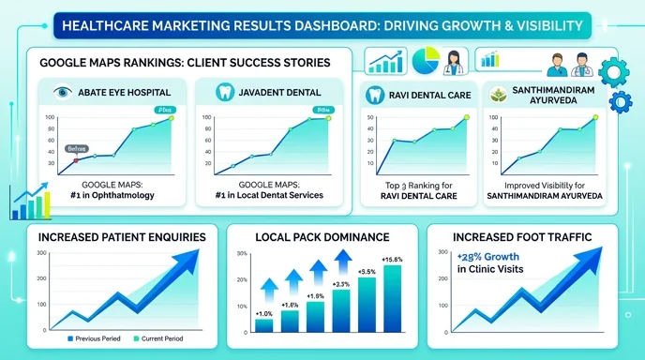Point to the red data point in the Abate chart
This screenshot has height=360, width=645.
pos(76,161)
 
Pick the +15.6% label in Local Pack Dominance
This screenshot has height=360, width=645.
pos(393,259)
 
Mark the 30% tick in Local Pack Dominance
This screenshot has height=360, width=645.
pos(241,254)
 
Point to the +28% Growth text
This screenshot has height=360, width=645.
pos(492,256)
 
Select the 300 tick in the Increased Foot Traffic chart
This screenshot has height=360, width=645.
pos(442,253)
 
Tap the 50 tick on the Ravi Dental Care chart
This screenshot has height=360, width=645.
pos(371,118)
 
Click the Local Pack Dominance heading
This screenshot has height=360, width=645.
pos(322,236)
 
